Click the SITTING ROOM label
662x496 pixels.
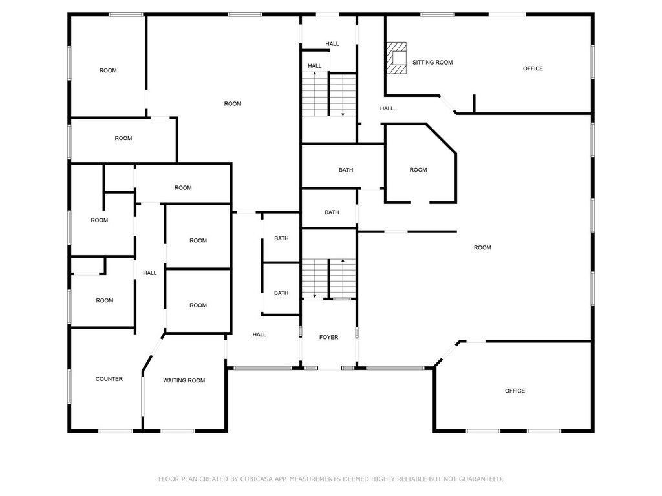432,63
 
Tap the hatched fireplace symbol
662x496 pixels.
397,58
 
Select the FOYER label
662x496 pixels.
328,337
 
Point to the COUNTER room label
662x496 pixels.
109,379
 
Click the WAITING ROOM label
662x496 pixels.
184,380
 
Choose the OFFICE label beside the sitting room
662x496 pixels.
533,68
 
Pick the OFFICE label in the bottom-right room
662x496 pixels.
515,391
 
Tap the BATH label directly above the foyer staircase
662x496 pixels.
332,212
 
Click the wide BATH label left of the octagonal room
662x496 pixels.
346,170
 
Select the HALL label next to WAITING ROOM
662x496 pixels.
259,335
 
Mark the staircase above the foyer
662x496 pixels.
328,278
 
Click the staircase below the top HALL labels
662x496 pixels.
328,94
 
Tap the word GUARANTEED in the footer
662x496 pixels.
481,479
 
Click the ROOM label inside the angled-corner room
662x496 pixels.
418,170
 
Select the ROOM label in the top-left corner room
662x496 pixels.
108,70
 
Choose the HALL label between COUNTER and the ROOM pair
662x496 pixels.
150,273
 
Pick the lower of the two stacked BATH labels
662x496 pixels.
281,293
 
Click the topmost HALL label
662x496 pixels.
332,44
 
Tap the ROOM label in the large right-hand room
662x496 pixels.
482,247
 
